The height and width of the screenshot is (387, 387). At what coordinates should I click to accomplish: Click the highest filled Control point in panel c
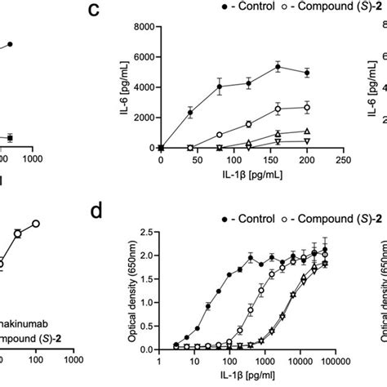point(278,67)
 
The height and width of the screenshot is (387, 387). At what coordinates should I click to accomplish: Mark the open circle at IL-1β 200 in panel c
point(307,108)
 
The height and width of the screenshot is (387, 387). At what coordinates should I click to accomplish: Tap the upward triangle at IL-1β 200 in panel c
point(307,131)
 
